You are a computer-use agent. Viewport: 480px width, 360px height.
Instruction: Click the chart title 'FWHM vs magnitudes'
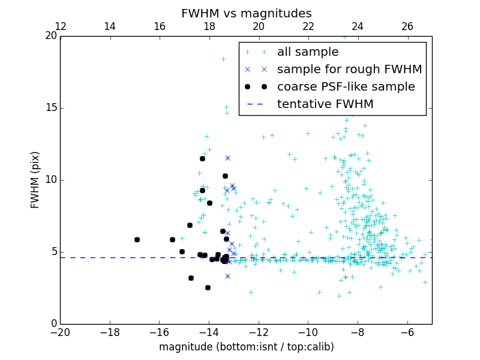coord(246,13)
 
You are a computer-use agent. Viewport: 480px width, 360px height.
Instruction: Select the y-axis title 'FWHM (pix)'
coord(35,180)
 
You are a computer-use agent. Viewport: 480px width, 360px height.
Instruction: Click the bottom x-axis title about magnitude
coord(246,347)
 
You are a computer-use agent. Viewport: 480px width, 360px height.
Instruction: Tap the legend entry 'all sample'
coord(308,52)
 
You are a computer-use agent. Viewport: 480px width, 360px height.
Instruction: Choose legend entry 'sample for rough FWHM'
coord(349,70)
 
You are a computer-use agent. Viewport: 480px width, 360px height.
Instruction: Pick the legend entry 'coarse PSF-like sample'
coord(346,87)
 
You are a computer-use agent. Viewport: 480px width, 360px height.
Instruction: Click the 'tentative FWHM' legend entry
coord(325,104)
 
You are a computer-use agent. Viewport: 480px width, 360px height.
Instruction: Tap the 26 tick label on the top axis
coord(407,26)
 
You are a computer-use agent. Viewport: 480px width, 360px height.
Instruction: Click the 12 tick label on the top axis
coord(61,26)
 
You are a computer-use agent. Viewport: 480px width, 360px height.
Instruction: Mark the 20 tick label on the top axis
coord(259,26)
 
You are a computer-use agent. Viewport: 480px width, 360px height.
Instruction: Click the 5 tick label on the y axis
coord(53,252)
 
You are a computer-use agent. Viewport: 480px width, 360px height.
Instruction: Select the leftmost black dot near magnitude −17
coord(137,239)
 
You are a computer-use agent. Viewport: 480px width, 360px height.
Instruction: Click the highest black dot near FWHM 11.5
coord(202,158)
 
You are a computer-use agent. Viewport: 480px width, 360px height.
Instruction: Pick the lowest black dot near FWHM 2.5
coord(208,287)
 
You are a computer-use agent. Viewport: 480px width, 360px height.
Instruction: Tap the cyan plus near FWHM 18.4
coord(223,59)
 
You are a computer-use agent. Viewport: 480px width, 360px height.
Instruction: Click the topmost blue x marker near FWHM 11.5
coord(227,158)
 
